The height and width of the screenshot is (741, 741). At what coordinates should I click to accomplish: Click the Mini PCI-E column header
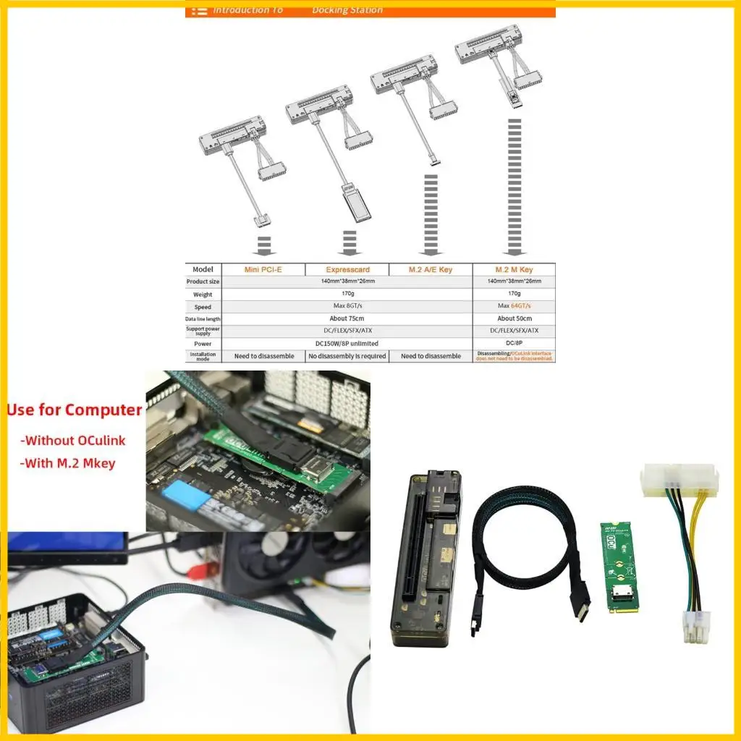[263, 269]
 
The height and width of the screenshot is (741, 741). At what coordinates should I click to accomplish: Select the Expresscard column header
[347, 269]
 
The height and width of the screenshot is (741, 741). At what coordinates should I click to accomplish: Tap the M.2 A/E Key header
[431, 269]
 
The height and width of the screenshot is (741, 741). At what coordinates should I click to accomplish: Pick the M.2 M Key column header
[515, 269]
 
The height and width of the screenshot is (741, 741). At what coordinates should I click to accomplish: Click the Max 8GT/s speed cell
[347, 306]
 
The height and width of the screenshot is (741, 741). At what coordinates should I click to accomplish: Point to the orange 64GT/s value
[520, 306]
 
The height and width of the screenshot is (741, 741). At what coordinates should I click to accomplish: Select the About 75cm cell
[347, 318]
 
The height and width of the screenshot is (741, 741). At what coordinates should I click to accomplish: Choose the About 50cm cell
[515, 318]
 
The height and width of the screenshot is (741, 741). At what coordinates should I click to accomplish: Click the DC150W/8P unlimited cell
[347, 343]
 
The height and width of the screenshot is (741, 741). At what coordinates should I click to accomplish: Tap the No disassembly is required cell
[347, 356]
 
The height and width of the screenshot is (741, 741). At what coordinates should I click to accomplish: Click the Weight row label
[203, 295]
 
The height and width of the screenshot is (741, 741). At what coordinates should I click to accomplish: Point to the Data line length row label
[203, 318]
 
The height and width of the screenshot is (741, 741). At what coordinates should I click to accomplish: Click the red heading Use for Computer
[75, 410]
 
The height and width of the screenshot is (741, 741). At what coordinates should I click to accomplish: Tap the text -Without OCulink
[73, 440]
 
